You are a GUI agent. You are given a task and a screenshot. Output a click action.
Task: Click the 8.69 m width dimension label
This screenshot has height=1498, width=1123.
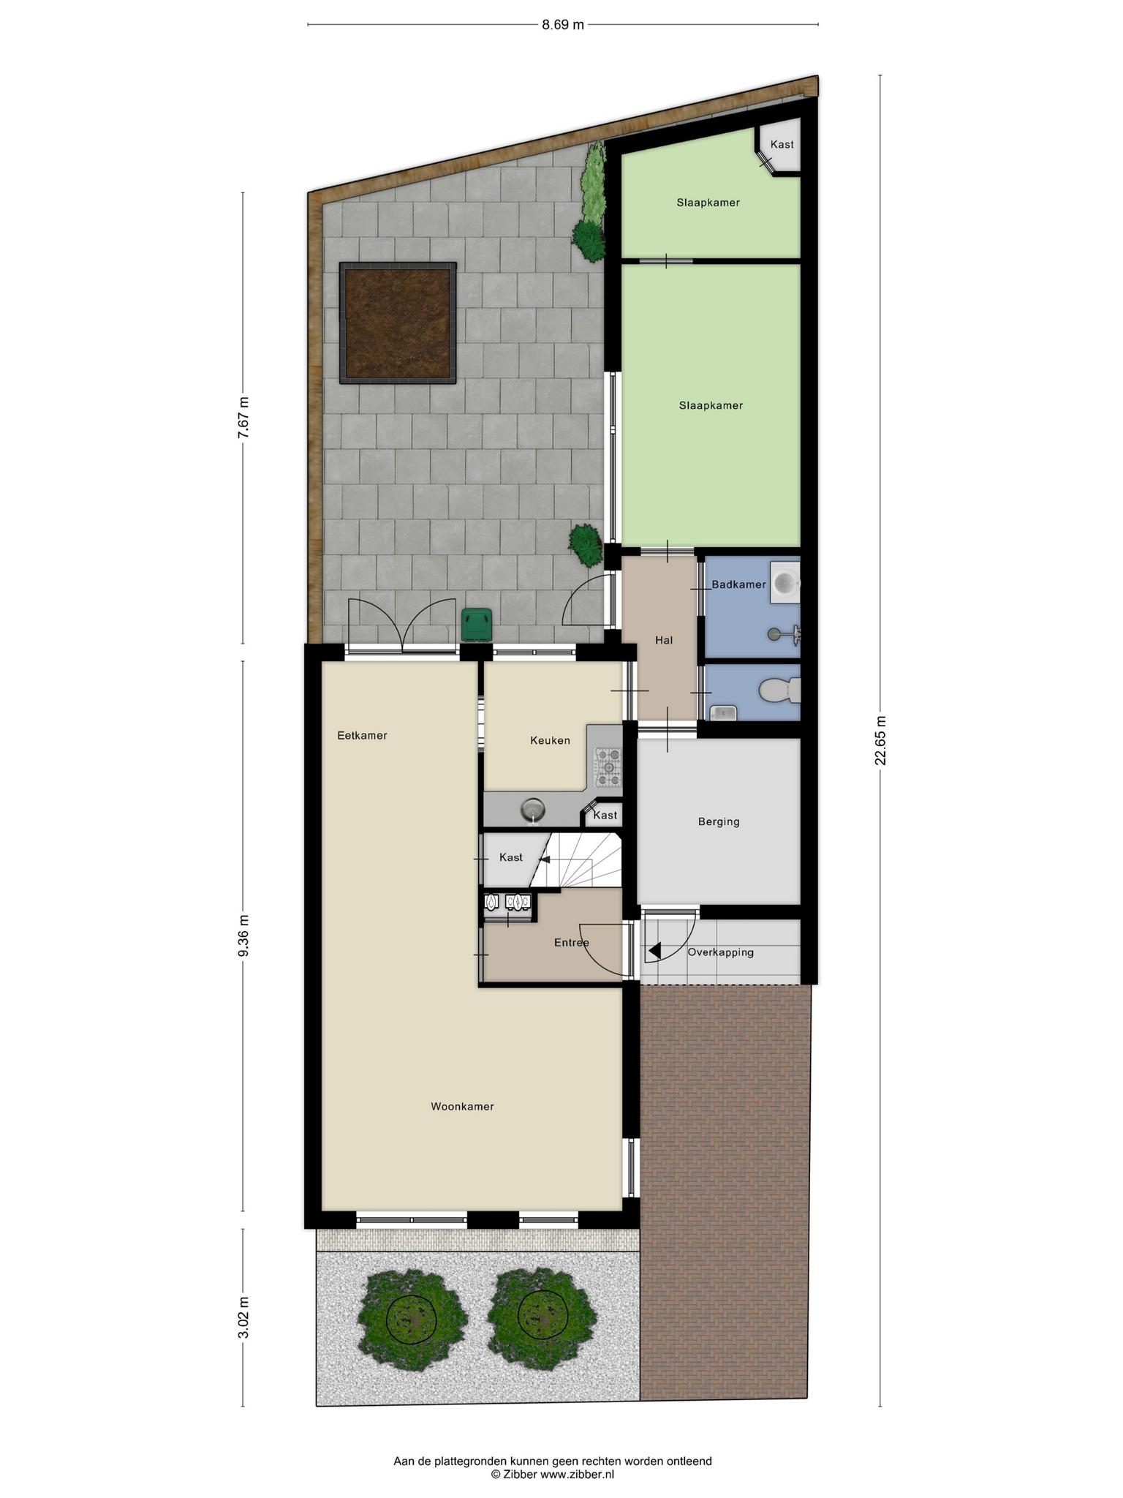[x=562, y=25]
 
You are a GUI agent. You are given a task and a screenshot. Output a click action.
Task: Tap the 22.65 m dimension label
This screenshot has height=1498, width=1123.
[x=880, y=740]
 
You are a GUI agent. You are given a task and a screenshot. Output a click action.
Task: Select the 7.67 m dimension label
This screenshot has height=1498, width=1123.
[x=243, y=418]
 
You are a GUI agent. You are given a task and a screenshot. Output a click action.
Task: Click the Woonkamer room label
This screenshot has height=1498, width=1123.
[x=462, y=1107]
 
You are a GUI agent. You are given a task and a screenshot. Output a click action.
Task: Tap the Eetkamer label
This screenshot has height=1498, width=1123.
[x=362, y=735]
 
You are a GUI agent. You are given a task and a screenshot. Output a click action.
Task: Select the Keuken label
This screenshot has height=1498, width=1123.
[x=550, y=740]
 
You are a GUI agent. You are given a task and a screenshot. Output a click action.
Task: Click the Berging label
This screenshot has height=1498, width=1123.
[x=719, y=821]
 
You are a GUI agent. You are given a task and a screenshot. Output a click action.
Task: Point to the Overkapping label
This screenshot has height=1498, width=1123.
[x=720, y=952]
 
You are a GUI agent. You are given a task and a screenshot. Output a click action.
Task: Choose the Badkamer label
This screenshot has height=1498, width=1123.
[x=738, y=584]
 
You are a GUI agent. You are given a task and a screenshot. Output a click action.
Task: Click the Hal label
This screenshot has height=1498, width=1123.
[x=664, y=640]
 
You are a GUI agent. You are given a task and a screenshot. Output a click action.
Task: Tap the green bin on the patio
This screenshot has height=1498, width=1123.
[x=477, y=624]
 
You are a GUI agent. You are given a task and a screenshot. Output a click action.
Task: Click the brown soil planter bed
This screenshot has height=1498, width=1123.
[x=398, y=323]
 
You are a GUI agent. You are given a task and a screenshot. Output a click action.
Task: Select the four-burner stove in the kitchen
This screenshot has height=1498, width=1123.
[x=608, y=767]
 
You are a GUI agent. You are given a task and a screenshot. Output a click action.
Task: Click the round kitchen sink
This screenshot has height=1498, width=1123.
[x=534, y=810]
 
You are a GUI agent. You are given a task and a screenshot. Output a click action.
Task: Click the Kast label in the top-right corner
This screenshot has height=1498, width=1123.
[x=782, y=144]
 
